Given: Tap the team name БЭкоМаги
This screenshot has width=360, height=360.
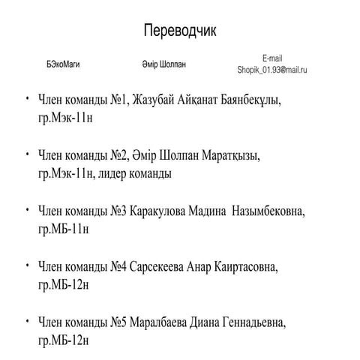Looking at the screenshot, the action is tap(63, 64).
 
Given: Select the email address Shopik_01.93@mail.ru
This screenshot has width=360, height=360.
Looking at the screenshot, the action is tap(272, 70).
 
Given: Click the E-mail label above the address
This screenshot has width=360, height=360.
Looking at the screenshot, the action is tap(272, 58).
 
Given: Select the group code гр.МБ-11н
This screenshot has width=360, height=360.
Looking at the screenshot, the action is tap(64, 229).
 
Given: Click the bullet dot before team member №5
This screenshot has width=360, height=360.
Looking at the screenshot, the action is tap(27, 320).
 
